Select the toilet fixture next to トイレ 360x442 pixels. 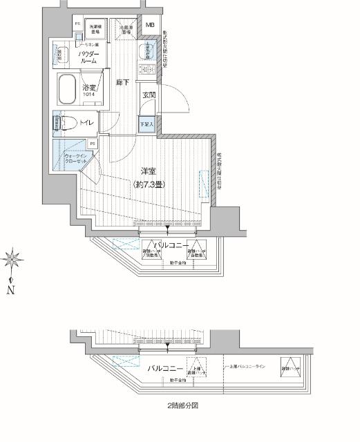pyautogui.click(x=67, y=123)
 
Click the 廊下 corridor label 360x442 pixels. pyautogui.click(x=122, y=82)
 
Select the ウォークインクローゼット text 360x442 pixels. pyautogui.click(x=76, y=160)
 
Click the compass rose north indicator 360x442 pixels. pyautogui.click(x=12, y=260)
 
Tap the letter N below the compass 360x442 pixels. pyautogui.click(x=11, y=291)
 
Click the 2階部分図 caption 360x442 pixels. pyautogui.click(x=182, y=407)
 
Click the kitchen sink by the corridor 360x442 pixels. pyautogui.click(x=147, y=52)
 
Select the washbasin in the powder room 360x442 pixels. pyautogui.click(x=61, y=55)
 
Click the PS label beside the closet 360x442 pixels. pyautogui.click(x=92, y=144)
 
